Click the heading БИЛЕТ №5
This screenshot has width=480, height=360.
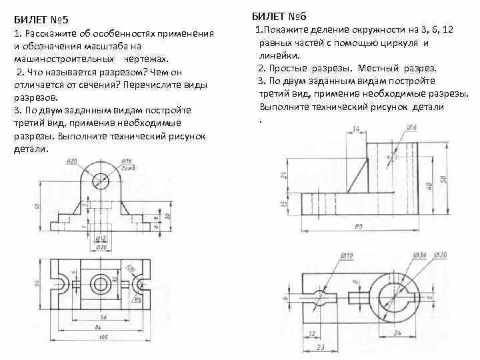(x=39, y=19)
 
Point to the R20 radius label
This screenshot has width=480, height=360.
(x=71, y=161)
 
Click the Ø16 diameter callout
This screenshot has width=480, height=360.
(x=127, y=161)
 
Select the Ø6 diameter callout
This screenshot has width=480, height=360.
(x=411, y=127)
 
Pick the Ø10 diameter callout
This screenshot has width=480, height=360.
(x=346, y=255)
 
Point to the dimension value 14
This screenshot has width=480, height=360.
(x=356, y=127)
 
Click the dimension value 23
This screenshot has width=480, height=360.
(x=320, y=347)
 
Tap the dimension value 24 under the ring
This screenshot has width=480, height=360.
(x=397, y=331)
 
